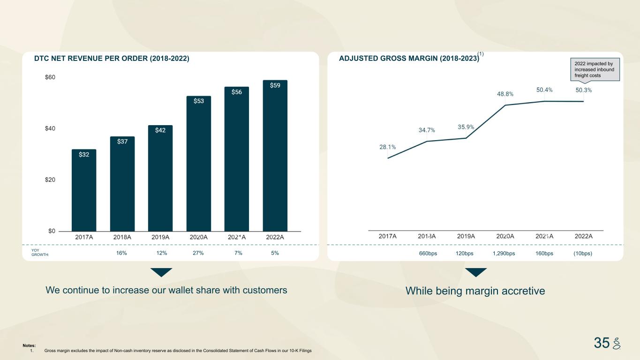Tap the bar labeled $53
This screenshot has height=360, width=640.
[x=198, y=164]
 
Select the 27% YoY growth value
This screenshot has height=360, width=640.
[x=198, y=253]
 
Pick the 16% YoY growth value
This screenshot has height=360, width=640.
[x=122, y=253]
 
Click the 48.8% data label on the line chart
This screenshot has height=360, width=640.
[x=505, y=94]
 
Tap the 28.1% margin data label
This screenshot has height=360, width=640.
[x=387, y=147]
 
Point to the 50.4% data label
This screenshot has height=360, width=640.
[x=544, y=90]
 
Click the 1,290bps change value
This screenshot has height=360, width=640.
[x=504, y=254]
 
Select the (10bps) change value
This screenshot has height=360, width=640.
[x=583, y=254]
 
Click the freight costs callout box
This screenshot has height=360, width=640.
[x=595, y=69]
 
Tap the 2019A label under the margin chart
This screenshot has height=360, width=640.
[x=466, y=236]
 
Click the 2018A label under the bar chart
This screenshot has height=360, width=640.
[x=122, y=237]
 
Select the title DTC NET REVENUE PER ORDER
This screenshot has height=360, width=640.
[x=112, y=59]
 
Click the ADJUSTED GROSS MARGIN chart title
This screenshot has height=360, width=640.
[x=409, y=59]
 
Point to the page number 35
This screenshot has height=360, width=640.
[x=602, y=343]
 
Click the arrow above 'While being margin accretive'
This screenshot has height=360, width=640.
[x=475, y=272]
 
